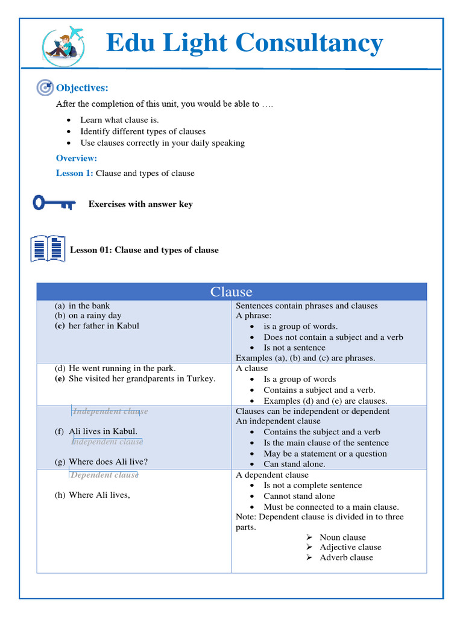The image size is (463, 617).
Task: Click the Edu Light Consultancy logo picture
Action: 64,44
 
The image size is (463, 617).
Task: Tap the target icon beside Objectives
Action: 45,88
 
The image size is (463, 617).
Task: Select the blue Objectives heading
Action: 82,88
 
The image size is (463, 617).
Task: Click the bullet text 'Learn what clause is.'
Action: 119,120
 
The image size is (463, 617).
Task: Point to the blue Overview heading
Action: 77,158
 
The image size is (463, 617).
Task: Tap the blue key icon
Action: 54,203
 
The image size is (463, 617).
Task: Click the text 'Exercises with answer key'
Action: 140,204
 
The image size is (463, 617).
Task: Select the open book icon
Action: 48,248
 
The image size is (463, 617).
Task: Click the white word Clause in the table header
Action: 231,292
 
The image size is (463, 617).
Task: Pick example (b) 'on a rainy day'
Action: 95,316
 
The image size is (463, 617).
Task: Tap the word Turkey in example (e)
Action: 201,379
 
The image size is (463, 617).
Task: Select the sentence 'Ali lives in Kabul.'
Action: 103,431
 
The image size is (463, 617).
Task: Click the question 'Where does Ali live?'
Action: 108,462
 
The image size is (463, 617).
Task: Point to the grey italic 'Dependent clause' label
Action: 104,475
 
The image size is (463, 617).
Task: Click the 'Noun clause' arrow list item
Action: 342,537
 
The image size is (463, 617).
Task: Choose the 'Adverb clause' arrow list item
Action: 346,557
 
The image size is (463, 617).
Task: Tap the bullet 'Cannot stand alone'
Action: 299,496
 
